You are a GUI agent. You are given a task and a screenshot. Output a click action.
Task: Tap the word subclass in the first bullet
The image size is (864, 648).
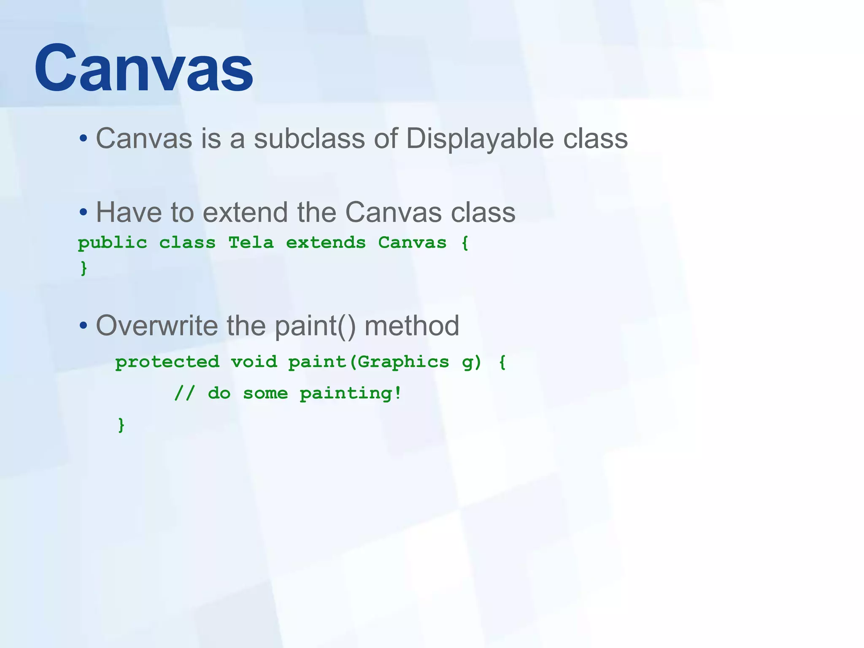pos(309,138)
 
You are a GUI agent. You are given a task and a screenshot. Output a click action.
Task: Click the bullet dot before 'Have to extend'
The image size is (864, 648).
pos(83,212)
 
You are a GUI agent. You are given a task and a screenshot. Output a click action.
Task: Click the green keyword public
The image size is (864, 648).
pos(113,243)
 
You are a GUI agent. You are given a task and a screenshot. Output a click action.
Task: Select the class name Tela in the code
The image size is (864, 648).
pos(251,243)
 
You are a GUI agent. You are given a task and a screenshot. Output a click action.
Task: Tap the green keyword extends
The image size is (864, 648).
pos(326,243)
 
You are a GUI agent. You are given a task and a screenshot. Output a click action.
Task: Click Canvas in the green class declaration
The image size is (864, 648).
pos(412,243)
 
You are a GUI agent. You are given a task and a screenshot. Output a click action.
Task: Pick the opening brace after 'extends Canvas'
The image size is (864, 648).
pos(465,243)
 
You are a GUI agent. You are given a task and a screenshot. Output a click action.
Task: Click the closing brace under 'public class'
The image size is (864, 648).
pos(84,268)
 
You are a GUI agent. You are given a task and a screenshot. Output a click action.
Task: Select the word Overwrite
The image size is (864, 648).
pos(157,326)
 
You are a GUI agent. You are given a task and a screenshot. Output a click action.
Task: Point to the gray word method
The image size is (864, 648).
pos(412,326)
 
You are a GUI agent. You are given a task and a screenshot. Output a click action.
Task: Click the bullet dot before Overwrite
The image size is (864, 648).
pos(83,326)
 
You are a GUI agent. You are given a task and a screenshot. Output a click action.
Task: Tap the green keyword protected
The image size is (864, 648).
pos(167,362)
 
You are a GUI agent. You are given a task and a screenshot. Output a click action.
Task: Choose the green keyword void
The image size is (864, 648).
pos(254,362)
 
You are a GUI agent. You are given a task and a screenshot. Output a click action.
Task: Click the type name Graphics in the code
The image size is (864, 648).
pos(403,362)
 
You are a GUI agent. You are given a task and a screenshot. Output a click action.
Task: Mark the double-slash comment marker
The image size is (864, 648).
pos(184,394)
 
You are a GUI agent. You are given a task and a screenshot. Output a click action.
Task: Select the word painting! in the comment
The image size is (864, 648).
pos(350,394)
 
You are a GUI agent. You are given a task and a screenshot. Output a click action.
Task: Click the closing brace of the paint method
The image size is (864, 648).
pos(121,425)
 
